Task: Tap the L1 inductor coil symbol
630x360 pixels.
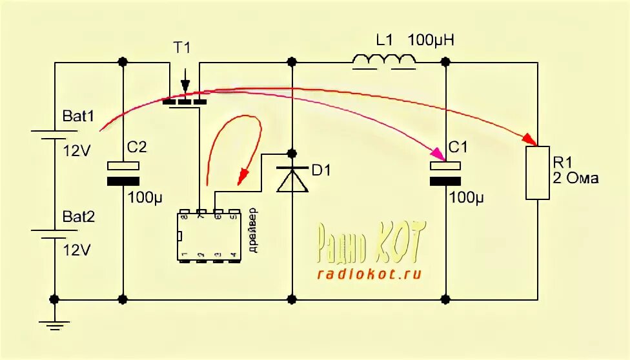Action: point(383,61)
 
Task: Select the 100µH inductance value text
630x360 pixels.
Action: point(431,41)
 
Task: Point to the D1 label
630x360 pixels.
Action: point(321,171)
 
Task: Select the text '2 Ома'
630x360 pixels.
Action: point(576,178)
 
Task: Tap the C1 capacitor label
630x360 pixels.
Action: point(457,148)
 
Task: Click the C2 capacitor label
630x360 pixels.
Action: point(136,148)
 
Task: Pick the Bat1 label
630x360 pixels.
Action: point(78,117)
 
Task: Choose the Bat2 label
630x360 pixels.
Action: point(78,217)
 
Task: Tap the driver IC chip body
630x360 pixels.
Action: point(208,235)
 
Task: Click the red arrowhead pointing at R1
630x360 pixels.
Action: point(531,139)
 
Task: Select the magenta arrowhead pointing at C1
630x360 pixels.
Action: point(438,155)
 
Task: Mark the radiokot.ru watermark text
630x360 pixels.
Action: point(369,274)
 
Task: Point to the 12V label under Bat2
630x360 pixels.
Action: point(77,250)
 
